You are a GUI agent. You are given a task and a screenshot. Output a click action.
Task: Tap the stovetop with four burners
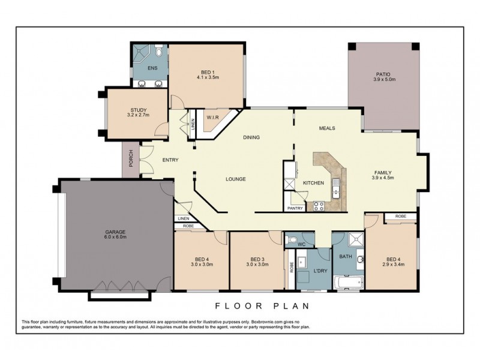pos(319,206)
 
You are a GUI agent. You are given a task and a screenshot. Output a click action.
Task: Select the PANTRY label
pos(295,208)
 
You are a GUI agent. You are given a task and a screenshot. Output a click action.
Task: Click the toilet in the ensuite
pos(157,50)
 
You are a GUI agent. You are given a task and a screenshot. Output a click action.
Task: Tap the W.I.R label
pos(212,118)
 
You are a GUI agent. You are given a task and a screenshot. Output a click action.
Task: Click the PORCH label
pos(130,159)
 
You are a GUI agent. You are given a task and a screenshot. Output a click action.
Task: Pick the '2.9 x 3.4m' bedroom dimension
pos(392,263)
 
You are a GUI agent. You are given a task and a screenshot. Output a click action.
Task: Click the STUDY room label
pos(138,109)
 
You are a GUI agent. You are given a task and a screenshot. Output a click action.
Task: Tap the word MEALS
pos(327,128)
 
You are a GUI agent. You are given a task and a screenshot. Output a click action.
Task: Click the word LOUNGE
pos(236,179)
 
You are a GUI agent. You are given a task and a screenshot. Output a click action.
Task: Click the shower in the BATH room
pos(354,241)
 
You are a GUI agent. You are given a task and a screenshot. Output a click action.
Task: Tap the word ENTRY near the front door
pos(170,160)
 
